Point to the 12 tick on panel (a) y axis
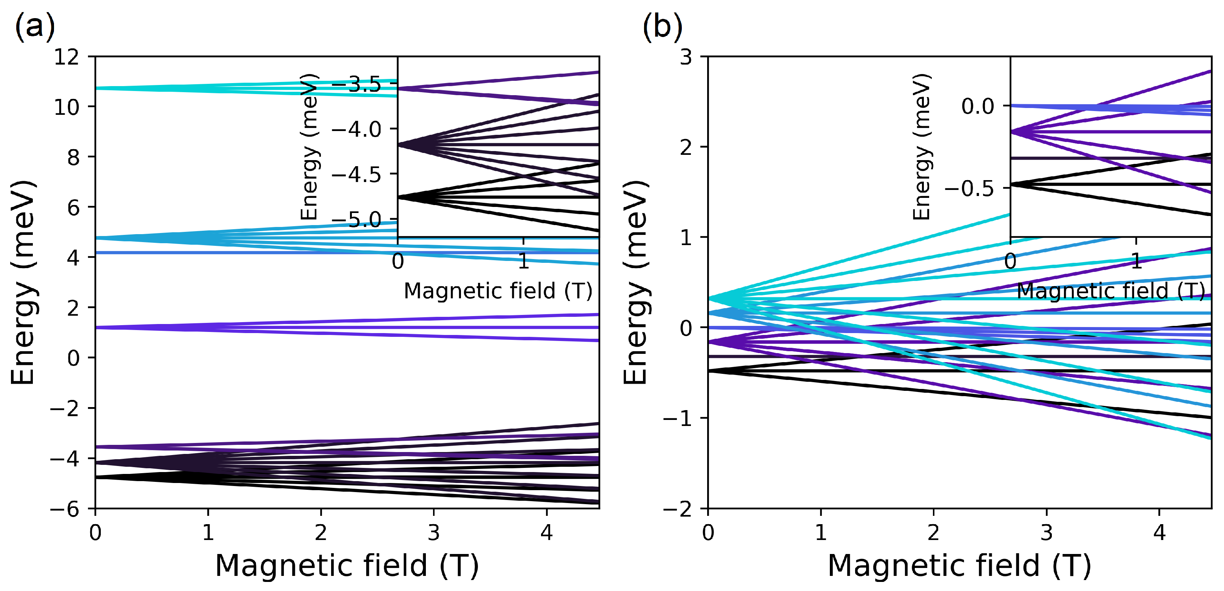coord(66,57)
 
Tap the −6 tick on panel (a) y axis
coord(65,509)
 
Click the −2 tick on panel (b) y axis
coord(678,509)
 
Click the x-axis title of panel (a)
coord(347,565)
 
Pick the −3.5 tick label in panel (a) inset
coord(356,85)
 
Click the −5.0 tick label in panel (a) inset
coord(356,220)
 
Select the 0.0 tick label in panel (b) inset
coord(977,106)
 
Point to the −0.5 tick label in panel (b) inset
coord(969,188)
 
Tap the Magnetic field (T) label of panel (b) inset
coord(1111,291)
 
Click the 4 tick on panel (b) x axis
coord(1159,532)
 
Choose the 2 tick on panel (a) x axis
coord(321,532)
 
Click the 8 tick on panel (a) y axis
coord(73,157)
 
